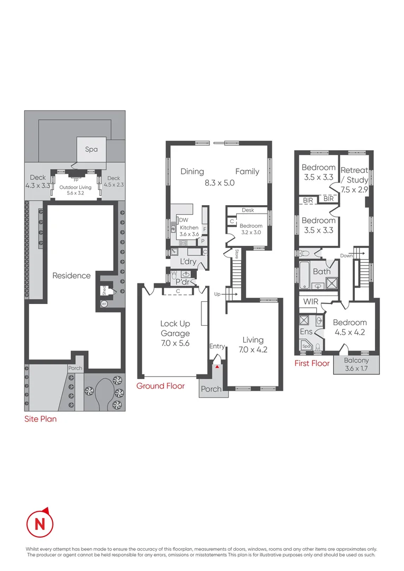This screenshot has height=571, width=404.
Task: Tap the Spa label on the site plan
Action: pyautogui.click(x=91, y=150)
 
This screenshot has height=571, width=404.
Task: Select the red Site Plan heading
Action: pyautogui.click(x=40, y=419)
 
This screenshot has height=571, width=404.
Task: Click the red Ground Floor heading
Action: pyautogui.click(x=160, y=386)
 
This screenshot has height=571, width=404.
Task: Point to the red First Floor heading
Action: pyautogui.click(x=312, y=363)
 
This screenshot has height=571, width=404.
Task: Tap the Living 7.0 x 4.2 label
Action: pyautogui.click(x=253, y=345)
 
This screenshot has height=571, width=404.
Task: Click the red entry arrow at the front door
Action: pyautogui.click(x=216, y=365)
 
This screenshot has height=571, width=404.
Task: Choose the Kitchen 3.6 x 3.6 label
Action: pyautogui.click(x=189, y=231)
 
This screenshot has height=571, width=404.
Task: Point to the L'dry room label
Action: pyautogui.click(x=188, y=262)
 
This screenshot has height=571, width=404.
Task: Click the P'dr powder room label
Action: pyautogui.click(x=183, y=282)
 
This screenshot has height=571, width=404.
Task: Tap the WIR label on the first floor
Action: pyautogui.click(x=310, y=301)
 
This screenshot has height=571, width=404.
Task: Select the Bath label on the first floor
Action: pyautogui.click(x=322, y=272)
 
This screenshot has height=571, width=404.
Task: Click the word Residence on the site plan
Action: pyautogui.click(x=71, y=275)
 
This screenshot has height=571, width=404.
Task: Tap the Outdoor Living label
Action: pyautogui.click(x=75, y=187)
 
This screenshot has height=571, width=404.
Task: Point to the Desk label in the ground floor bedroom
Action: pyautogui.click(x=247, y=210)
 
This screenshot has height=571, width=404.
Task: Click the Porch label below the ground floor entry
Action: pyautogui.click(x=212, y=390)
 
